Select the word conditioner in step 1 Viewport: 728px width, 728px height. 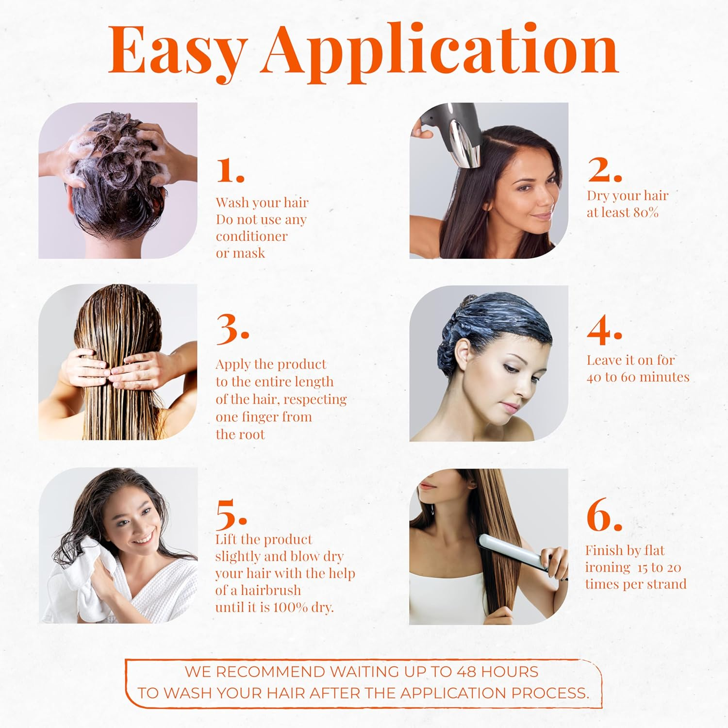tap(251, 236)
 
